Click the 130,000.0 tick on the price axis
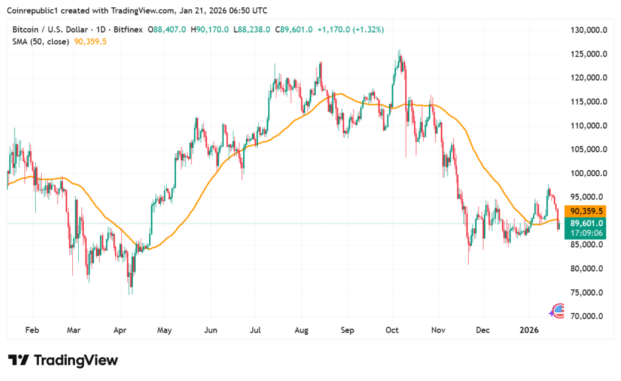[x=587, y=30]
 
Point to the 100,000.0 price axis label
[x=587, y=173]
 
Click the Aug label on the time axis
[x=301, y=330]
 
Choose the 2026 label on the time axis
[x=530, y=330]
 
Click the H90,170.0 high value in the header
[x=210, y=29]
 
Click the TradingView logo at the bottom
[x=63, y=360]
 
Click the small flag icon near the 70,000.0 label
[x=556, y=311]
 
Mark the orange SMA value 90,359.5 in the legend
[x=90, y=41]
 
